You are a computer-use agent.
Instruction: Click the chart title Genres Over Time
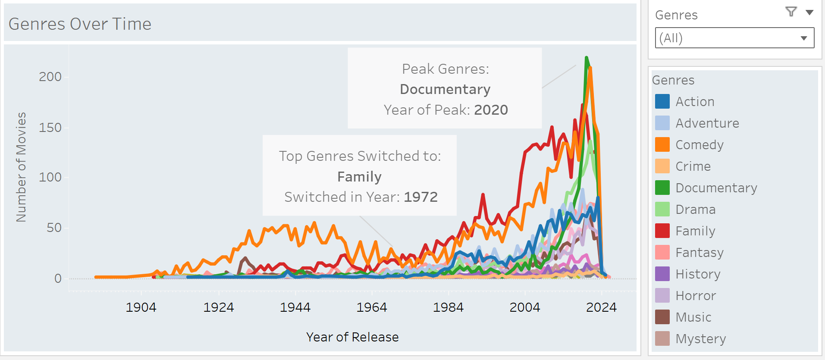coord(80,24)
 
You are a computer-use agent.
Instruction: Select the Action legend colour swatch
coord(662,102)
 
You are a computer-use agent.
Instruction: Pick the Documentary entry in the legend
coord(716,188)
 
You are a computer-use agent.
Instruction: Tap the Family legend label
coord(695,231)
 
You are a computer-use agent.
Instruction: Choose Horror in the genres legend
coord(695,296)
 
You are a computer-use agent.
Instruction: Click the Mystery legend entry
coord(700,339)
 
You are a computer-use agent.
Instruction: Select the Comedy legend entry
coord(699,145)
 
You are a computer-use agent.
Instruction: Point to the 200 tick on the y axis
coord(50,77)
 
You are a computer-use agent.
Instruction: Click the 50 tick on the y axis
coord(54,228)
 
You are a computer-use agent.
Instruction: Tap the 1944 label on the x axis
coord(295,307)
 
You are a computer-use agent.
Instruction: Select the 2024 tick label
coord(601,307)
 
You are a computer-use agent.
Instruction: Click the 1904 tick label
coord(141,307)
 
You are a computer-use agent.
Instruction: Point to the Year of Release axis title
coord(352,337)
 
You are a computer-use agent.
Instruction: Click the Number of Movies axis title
coord(21,167)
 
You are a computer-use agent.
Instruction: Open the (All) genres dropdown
coord(734,38)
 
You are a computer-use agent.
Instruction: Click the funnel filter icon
coord(791,12)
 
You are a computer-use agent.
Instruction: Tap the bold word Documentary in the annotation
coord(445,89)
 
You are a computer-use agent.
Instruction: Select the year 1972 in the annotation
coord(420,197)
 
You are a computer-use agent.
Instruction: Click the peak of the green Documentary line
coord(587,57)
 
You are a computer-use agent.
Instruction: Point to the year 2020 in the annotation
coord(491,110)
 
